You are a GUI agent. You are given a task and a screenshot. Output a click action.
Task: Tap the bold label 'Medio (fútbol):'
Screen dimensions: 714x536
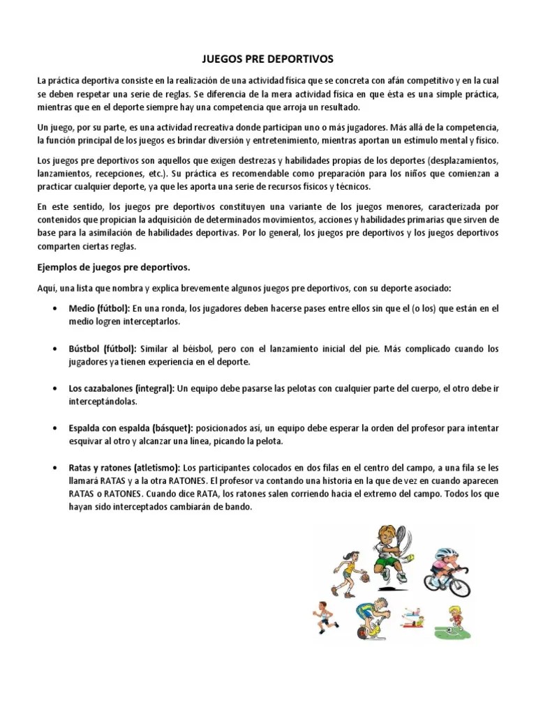coord(99,307)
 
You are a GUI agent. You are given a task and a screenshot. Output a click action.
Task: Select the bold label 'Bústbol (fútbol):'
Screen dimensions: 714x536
coord(103,348)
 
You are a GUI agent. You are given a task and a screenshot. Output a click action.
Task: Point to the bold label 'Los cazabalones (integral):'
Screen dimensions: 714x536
coord(122,388)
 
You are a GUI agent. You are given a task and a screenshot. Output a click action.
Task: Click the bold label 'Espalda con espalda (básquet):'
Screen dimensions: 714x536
coord(132,427)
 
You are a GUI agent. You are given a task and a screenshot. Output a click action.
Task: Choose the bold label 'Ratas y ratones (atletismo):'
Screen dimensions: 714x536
coord(125,467)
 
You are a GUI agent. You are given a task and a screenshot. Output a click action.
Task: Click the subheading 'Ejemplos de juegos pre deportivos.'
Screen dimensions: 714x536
coord(114,267)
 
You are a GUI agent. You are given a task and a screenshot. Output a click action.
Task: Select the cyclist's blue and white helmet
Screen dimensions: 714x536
coord(445,556)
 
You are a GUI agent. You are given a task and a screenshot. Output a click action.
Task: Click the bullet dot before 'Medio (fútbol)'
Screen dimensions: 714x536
coord(54,308)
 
